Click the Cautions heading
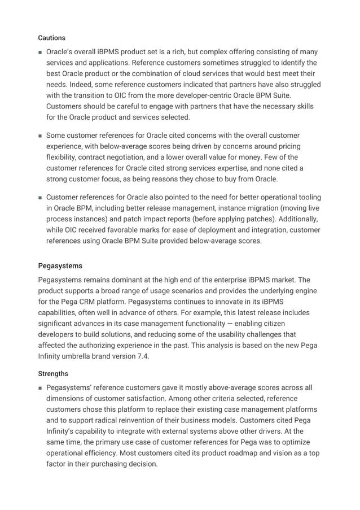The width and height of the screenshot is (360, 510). point(51,38)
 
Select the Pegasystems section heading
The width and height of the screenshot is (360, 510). point(60,265)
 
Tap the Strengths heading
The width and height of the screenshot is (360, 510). point(53,373)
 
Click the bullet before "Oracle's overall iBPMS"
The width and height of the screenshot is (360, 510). point(40,52)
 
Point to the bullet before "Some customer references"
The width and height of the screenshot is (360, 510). point(40,136)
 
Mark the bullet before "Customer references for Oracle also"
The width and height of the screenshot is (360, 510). point(40,198)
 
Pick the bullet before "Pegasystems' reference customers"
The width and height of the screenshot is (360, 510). point(40,387)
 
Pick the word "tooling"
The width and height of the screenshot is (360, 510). point(308,197)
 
